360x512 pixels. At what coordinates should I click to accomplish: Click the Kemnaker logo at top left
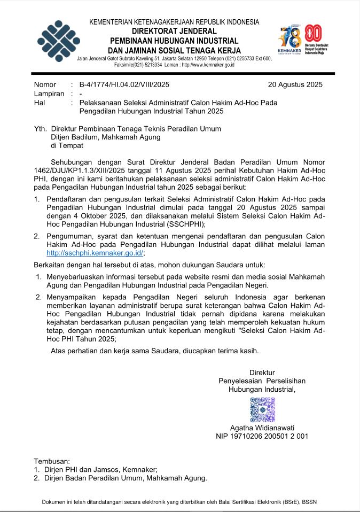pos(59,41)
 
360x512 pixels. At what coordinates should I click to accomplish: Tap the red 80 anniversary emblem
pos(312,37)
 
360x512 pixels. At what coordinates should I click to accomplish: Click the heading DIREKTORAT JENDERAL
pos(174,32)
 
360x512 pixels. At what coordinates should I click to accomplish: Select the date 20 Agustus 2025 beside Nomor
pos(295,84)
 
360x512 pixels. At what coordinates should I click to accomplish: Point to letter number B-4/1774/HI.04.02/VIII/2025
pos(124,84)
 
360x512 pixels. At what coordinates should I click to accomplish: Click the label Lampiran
pos(49,94)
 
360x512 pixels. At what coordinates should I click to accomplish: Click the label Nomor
pos(45,84)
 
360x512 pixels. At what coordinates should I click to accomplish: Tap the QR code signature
pos(262,410)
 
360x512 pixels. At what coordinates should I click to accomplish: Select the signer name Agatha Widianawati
pos(262,428)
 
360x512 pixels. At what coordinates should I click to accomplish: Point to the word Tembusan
pos(52,461)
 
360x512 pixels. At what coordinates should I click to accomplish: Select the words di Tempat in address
pos(67,145)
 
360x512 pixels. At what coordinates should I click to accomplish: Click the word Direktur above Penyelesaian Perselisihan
pos(262,372)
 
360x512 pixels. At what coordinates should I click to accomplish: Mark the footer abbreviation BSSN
pos(309,502)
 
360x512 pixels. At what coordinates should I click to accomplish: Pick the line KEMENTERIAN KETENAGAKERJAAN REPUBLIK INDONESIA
pos(174,22)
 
